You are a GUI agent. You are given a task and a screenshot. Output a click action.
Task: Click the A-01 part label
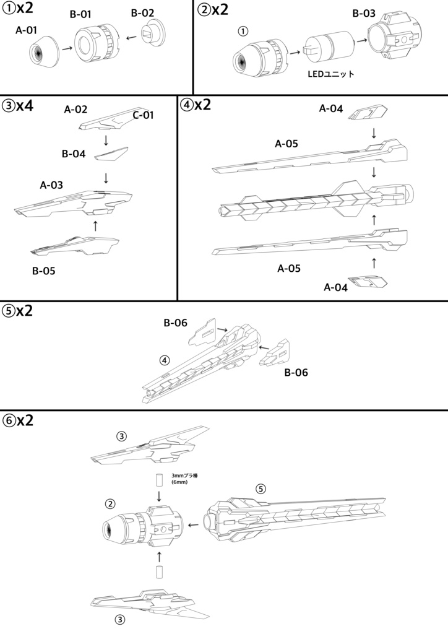tap(26, 30)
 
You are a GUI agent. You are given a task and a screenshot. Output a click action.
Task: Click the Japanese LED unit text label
tap(331, 74)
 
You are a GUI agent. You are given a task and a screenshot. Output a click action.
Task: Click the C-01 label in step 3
tap(144, 115)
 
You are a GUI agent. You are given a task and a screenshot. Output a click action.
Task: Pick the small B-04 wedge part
tap(111, 154)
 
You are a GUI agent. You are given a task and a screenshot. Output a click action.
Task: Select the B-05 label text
tap(44, 271)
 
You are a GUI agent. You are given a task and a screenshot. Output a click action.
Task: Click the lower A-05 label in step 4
tap(289, 269)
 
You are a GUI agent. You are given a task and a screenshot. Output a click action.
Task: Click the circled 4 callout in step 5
tap(165, 360)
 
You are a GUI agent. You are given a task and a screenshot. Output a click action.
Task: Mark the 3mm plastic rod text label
tap(184, 479)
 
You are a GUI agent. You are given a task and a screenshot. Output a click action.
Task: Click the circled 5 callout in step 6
tap(261, 489)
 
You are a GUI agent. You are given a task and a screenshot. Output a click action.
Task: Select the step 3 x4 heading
tap(18, 106)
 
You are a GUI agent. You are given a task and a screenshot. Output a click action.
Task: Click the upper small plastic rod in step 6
tap(159, 480)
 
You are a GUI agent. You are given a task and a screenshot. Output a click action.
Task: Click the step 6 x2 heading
tap(18, 420)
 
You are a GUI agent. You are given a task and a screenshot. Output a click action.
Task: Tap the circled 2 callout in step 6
tap(110, 504)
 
